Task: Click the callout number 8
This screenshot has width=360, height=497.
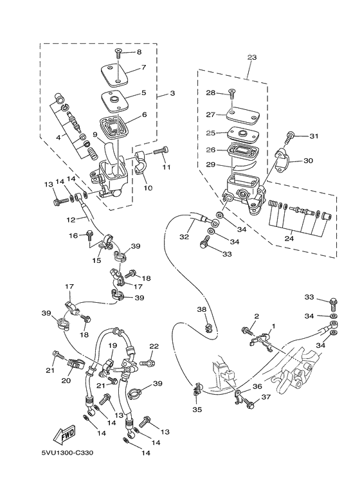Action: tap(138, 52)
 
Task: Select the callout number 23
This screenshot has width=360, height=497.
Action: tap(251, 58)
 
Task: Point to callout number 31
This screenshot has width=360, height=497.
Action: tap(314, 136)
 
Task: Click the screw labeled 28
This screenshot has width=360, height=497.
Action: tap(231, 95)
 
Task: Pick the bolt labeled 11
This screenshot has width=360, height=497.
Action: tap(160, 150)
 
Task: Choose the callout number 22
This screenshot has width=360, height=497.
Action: tap(154, 347)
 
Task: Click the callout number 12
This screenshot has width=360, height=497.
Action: tap(71, 219)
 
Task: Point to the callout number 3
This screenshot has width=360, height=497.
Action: tap(172, 94)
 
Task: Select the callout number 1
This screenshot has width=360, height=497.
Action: tap(273, 326)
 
